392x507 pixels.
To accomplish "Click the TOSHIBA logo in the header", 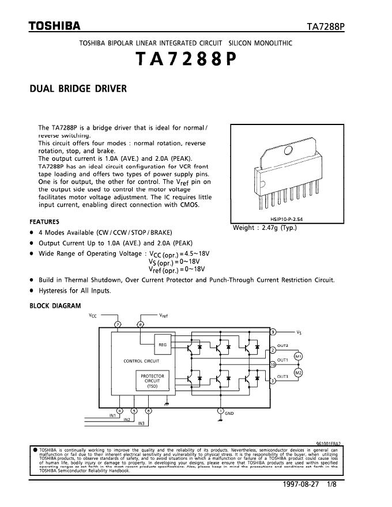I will pyautogui.click(x=55, y=27).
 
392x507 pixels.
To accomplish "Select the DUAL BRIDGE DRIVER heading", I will pyautogui.click(x=78, y=89).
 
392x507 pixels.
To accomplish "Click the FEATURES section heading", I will pyautogui.click(x=44, y=221).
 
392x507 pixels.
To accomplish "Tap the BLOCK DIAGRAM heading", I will pyautogui.click(x=55, y=306).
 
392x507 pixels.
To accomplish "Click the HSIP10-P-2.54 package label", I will pyautogui.click(x=287, y=220).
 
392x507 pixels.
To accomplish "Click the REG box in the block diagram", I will pyautogui.click(x=162, y=344).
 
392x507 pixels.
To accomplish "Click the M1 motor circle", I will pyautogui.click(x=298, y=357).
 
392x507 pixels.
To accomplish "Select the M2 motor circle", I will pyautogui.click(x=298, y=373).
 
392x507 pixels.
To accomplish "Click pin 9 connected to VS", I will pyautogui.click(x=273, y=332).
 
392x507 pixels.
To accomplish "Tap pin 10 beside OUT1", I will pyautogui.click(x=273, y=364).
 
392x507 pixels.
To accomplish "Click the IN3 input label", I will pyautogui.click(x=141, y=423).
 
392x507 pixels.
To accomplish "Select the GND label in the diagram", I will pyautogui.click(x=229, y=413).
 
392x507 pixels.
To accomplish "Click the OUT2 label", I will pyautogui.click(x=282, y=345).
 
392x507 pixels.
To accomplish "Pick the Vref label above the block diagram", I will pyautogui.click(x=163, y=316).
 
